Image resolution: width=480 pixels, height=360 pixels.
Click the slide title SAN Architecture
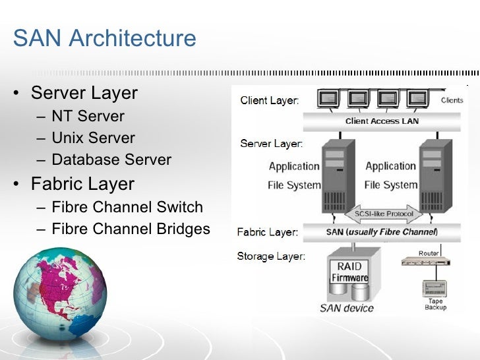104,38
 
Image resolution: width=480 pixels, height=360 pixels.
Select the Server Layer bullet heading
84,93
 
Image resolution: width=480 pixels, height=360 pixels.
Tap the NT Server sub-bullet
88,117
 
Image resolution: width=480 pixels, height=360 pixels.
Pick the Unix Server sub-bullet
93,138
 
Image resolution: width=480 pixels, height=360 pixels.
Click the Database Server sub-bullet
111,160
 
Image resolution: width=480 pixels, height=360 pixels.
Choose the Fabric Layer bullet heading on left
82,184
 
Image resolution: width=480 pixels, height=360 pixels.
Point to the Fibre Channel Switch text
127,207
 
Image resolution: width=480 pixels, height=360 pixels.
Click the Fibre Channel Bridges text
131,229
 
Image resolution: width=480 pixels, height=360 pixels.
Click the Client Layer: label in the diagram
269,101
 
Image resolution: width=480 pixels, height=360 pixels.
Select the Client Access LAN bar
382,121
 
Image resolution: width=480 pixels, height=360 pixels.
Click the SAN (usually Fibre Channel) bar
382,232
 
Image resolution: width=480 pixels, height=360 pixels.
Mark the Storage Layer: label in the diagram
271,256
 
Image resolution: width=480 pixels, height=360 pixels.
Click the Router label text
429,253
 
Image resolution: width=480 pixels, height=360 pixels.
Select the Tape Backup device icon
434,288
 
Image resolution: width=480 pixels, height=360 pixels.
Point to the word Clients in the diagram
452,100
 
